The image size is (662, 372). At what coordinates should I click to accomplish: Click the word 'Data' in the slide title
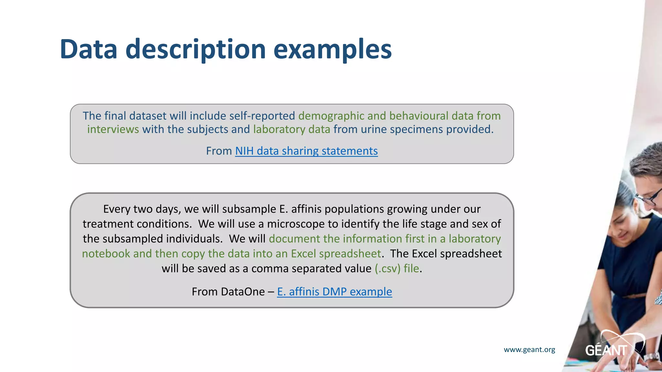click(x=88, y=49)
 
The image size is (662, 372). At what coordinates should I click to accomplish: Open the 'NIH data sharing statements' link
click(x=306, y=151)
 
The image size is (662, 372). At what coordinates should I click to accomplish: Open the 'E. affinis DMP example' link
click(x=334, y=292)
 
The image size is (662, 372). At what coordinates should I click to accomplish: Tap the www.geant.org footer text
click(x=529, y=349)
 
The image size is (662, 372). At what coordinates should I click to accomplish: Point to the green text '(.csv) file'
click(x=397, y=268)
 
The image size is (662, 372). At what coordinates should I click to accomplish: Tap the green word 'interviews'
click(x=113, y=129)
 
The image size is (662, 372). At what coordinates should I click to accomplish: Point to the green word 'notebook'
click(x=106, y=253)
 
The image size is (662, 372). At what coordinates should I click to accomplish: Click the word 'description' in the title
click(x=196, y=49)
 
